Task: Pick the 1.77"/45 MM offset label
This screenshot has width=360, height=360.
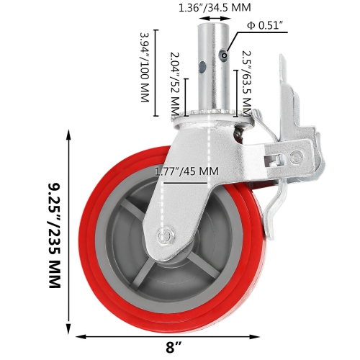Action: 186,172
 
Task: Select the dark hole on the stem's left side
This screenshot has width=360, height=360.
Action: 203,68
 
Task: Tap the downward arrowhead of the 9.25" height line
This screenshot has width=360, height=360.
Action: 69,322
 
